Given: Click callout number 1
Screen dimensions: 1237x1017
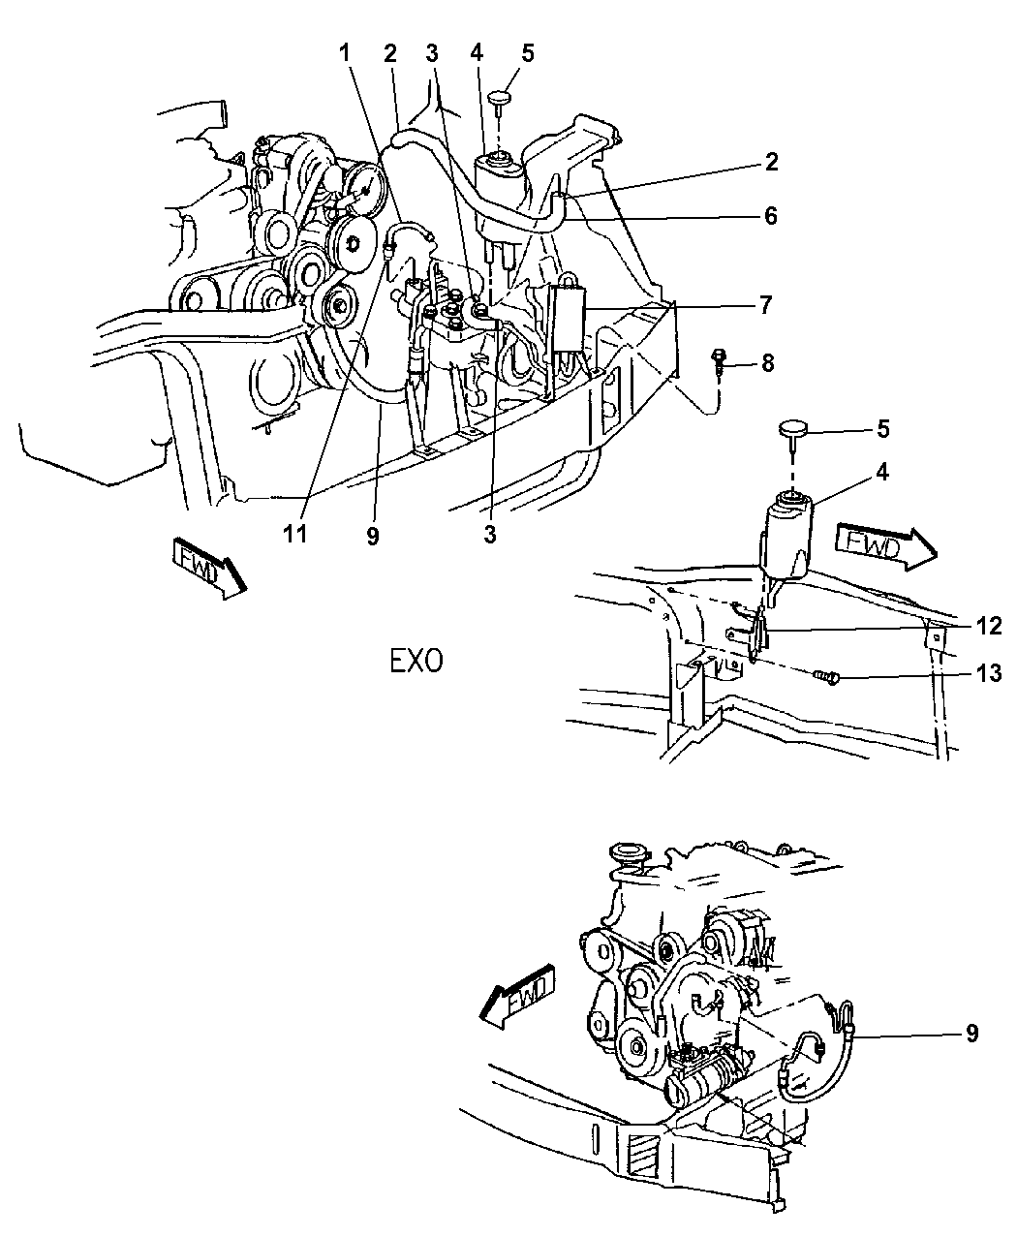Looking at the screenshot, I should [x=345, y=54].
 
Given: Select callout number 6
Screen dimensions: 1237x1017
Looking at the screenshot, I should [x=771, y=215].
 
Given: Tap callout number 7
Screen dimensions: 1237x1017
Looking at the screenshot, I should [x=765, y=306].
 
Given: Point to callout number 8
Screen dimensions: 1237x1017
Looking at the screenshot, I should [x=768, y=365].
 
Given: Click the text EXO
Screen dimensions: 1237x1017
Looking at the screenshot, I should [x=416, y=662].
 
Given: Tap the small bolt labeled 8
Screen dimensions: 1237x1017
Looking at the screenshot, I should [x=721, y=360].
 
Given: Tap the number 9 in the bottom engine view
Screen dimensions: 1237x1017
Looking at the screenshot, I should [x=971, y=1033].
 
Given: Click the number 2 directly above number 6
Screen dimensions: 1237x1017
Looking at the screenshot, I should [x=771, y=162].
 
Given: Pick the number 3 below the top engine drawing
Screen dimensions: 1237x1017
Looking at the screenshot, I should [x=491, y=535].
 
